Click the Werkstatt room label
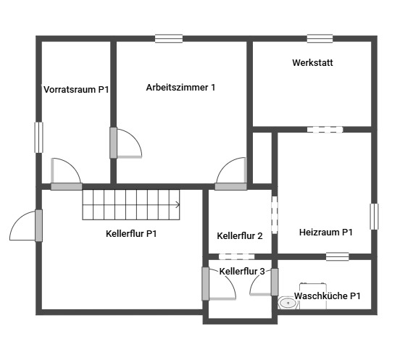(x=312, y=63)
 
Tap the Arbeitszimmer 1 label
(x=180, y=88)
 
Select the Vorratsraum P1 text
(x=76, y=90)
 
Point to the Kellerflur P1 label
(x=131, y=233)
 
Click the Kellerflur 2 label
(x=240, y=235)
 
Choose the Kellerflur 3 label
(x=242, y=271)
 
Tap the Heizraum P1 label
(x=326, y=233)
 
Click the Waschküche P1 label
(x=327, y=296)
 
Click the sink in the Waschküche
(x=288, y=303)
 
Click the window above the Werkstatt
(x=320, y=38)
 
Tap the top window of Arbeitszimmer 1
(x=169, y=38)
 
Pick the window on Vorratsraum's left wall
(x=38, y=138)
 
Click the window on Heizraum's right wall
(x=374, y=217)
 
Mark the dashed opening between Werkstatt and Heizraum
(x=325, y=130)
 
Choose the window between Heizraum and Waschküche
(x=338, y=256)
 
